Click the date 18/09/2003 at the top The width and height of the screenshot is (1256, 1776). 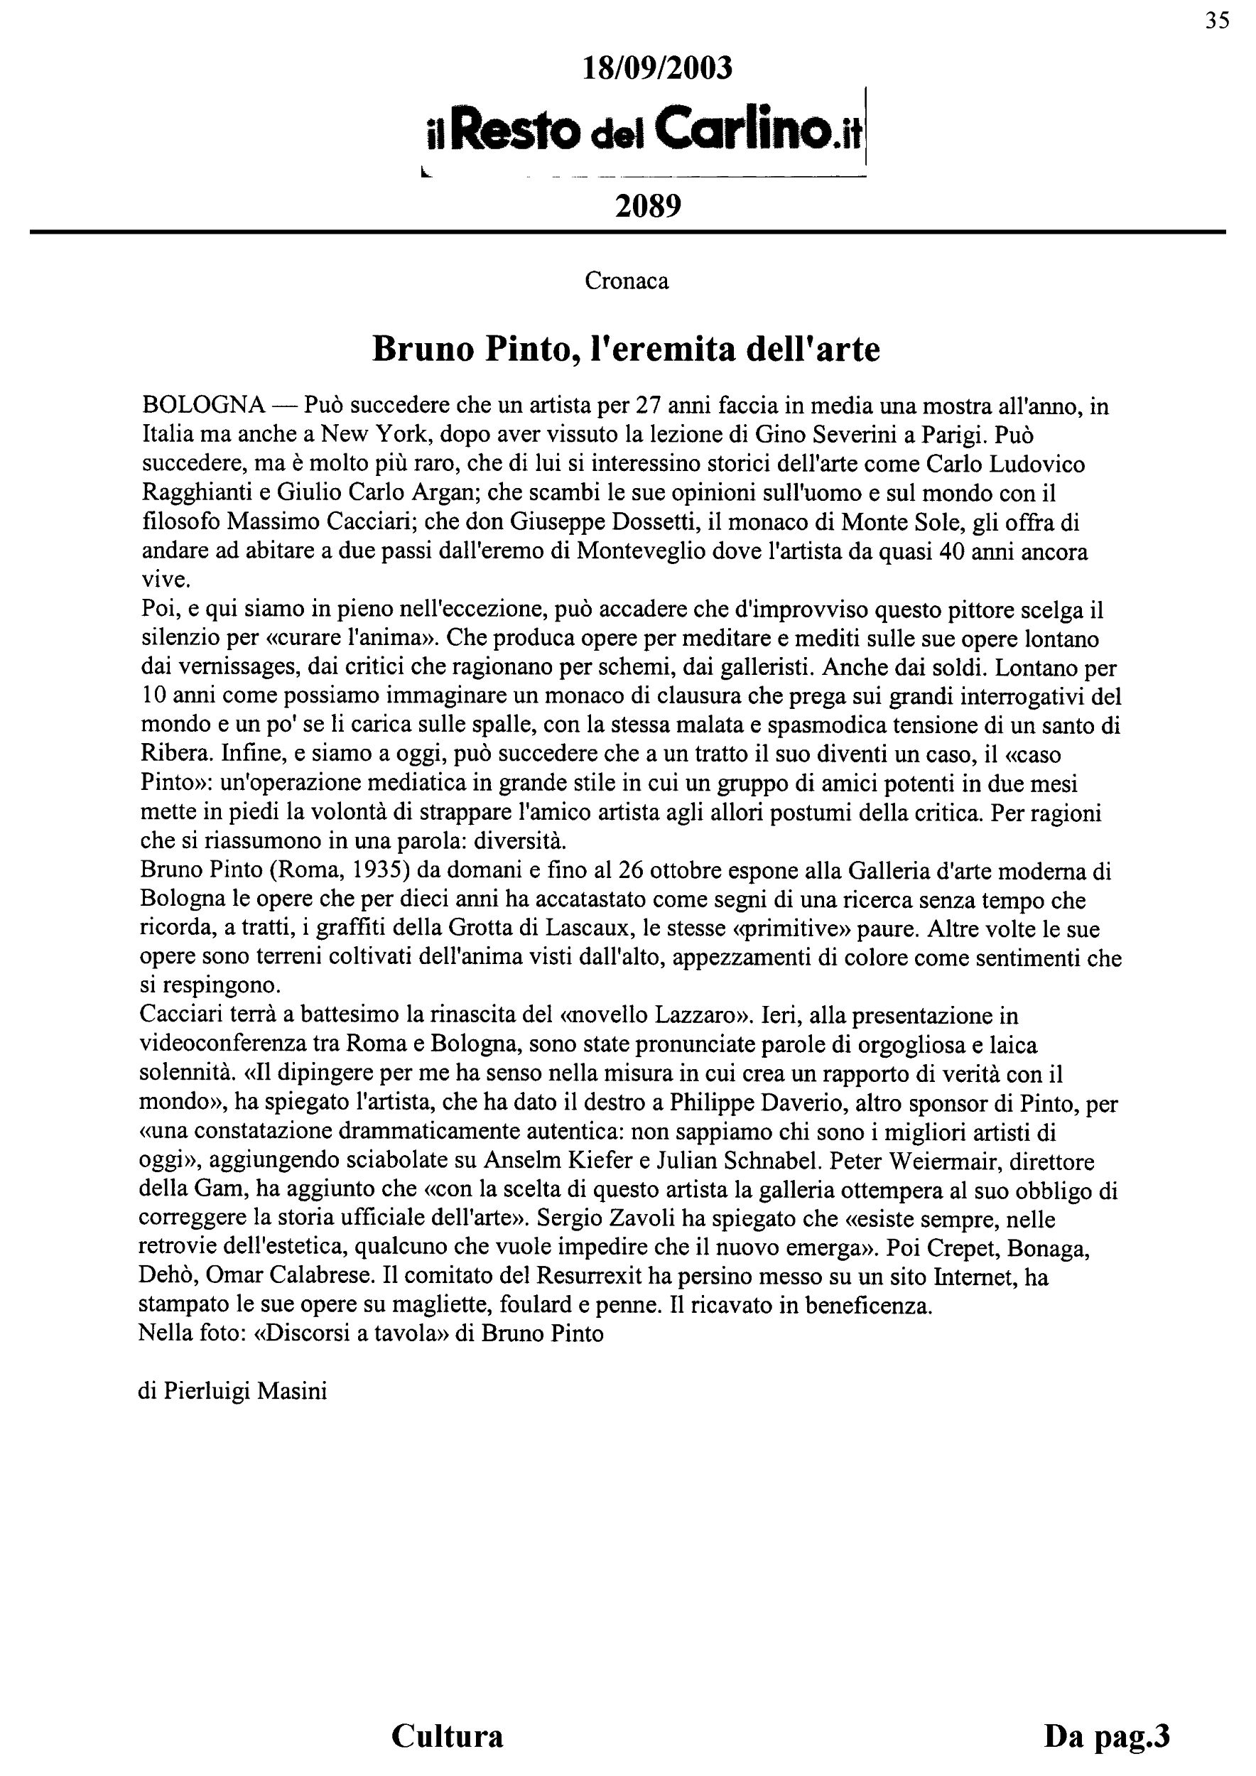(x=656, y=69)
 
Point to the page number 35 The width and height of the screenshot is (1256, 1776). (x=1216, y=21)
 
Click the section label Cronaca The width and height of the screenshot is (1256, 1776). (x=627, y=281)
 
